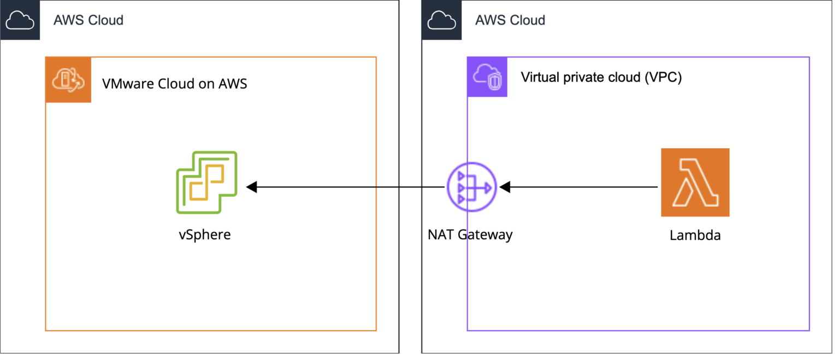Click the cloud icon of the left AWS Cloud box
point(20,20)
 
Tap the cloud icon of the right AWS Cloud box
point(441,20)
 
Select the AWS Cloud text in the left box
point(88,21)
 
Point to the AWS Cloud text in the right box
point(510,21)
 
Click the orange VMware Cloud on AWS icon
point(68,80)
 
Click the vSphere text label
point(205,235)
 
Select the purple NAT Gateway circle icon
point(470,187)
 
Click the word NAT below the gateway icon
point(440,235)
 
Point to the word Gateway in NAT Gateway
point(485,235)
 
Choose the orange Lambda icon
point(695,182)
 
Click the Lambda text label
point(695,235)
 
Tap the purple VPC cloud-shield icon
point(487,77)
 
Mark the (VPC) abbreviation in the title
point(663,77)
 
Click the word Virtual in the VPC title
point(540,77)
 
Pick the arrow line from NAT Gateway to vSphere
point(350,187)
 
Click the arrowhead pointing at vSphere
point(252,187)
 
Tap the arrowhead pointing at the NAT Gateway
point(505,187)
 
